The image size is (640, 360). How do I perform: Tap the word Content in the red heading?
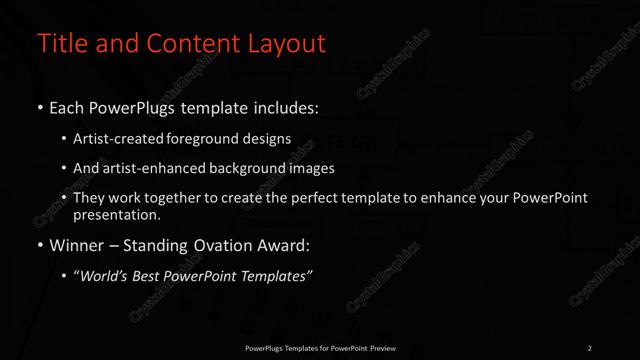click(186, 43)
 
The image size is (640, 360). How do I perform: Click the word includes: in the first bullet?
click(287, 107)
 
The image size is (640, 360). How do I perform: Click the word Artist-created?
click(127, 139)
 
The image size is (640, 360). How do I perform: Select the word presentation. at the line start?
click(117, 214)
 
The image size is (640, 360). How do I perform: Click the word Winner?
click(78, 245)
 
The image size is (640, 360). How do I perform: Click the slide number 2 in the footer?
click(589, 348)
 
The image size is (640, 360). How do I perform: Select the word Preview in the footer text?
click(381, 348)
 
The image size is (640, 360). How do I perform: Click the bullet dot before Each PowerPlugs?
click(40, 107)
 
